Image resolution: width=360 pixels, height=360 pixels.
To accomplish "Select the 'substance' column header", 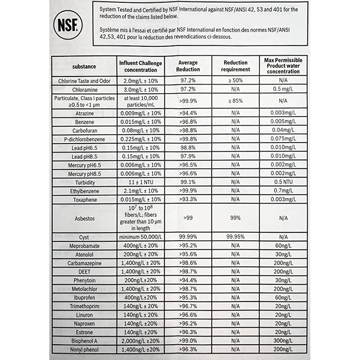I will [x=84, y=67].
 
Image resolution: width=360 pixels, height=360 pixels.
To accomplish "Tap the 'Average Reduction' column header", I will [x=188, y=66].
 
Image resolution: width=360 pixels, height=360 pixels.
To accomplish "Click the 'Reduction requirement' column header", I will [x=235, y=66].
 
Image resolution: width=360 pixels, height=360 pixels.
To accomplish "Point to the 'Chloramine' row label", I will [x=84, y=90].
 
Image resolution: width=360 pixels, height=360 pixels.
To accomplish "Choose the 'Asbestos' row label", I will [x=84, y=218].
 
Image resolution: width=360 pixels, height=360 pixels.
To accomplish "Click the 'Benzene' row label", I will [x=84, y=122].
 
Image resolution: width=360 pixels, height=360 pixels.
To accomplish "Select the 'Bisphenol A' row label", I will [x=84, y=341].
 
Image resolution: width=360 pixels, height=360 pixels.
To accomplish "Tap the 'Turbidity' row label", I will [x=84, y=182].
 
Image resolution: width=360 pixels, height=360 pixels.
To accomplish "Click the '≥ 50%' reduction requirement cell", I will [x=235, y=81].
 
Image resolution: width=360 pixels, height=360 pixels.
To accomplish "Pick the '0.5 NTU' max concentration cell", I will [x=283, y=182].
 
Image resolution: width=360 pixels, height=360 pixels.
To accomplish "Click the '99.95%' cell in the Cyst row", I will [x=235, y=237].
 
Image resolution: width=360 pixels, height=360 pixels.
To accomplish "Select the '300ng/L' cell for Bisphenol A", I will [x=283, y=341].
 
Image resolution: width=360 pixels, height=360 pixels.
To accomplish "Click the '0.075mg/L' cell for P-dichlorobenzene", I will [x=283, y=139].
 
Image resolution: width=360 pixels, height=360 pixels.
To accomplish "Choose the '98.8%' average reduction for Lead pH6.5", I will [x=188, y=148].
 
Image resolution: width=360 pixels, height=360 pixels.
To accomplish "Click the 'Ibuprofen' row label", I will [x=84, y=297].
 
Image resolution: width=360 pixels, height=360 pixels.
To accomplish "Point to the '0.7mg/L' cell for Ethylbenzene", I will [x=283, y=191].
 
